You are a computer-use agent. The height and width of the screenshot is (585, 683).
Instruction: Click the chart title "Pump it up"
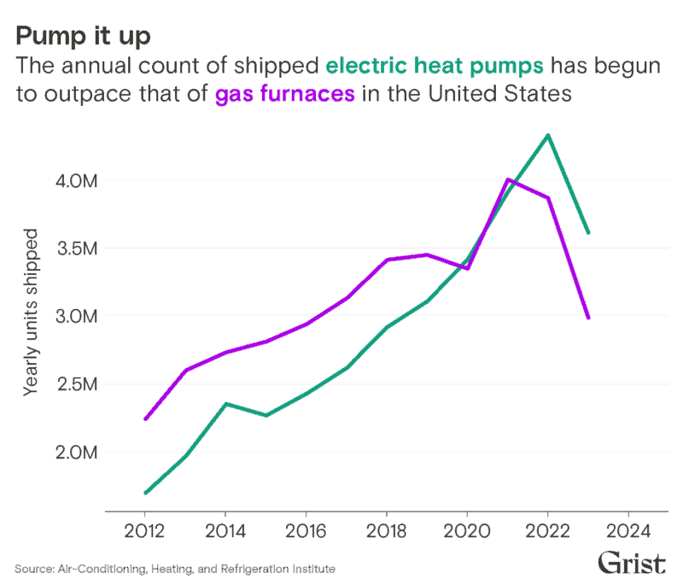point(83,37)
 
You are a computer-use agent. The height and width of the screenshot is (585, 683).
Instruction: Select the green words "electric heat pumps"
point(435,67)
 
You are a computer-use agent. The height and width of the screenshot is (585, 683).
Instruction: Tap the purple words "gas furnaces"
point(285,94)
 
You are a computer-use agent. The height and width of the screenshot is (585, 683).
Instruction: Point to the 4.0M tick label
point(77,181)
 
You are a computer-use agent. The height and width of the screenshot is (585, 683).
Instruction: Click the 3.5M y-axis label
point(77,249)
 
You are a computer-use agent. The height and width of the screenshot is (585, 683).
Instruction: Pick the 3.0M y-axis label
point(77,316)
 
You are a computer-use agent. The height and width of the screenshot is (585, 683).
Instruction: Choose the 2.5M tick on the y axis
point(77,384)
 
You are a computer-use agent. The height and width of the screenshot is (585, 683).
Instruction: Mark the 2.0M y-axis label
point(77,453)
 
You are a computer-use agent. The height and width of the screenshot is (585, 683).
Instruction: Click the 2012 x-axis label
point(144,531)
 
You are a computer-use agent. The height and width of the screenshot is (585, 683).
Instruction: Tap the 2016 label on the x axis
point(306,531)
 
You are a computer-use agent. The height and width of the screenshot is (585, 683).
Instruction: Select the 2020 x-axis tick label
point(467,531)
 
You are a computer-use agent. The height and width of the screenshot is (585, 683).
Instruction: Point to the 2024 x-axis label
point(628,531)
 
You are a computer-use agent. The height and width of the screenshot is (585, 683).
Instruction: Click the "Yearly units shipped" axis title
point(31,313)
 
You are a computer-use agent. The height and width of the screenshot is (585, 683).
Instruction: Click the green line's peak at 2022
point(548,136)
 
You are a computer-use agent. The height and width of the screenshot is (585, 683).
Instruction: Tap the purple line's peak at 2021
point(508,179)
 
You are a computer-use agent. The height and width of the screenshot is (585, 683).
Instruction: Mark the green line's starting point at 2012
point(145,493)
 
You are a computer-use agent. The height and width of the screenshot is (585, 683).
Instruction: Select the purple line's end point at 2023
point(588,318)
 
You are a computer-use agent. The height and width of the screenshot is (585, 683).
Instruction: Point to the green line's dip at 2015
point(266,415)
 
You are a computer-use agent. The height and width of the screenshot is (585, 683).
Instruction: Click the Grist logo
point(632,562)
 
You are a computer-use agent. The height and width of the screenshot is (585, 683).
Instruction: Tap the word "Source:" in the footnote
point(34,569)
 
